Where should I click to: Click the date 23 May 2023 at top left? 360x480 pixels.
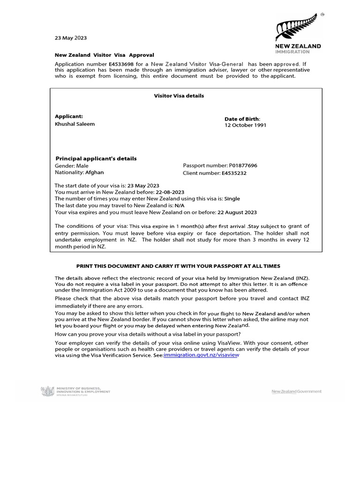71,38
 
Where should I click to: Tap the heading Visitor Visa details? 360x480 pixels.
179,96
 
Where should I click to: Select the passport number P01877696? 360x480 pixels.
243,165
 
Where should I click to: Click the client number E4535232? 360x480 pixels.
234,173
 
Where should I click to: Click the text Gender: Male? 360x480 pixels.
72,165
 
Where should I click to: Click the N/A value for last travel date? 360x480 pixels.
180,205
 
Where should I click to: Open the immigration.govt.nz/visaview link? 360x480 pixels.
202,355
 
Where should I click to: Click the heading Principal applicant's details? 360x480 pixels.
96,158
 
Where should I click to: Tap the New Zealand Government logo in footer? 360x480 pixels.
297,391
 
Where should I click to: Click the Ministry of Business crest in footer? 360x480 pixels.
47,391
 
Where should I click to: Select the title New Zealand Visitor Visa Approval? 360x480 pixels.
105,55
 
